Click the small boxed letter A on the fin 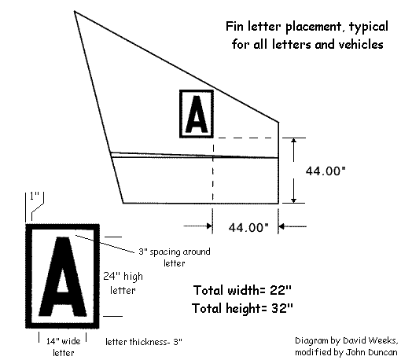click(197, 114)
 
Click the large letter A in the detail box click(63, 277)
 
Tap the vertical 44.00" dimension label click(326, 171)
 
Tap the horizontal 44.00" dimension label click(248, 227)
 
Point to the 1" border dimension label click(35, 196)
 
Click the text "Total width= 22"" click(242, 290)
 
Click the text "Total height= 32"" click(242, 308)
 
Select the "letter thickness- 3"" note click(144, 342)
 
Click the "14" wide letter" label click(64, 347)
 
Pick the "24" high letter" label click(123, 283)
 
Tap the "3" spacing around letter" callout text click(175, 257)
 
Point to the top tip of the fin click(75, 11)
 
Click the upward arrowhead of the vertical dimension click(294, 141)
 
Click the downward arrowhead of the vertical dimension click(294, 200)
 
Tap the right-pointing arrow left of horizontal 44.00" click(198, 226)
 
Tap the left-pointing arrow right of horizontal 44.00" click(292, 226)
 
